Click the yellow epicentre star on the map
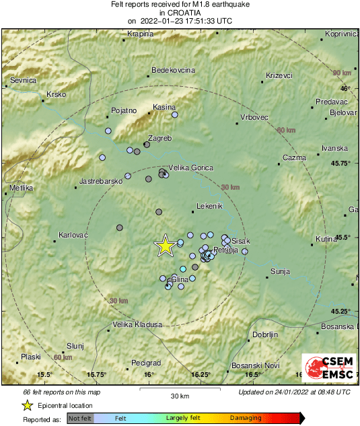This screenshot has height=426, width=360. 165,246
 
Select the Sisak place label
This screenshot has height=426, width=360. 240,240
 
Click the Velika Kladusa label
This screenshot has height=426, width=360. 137,324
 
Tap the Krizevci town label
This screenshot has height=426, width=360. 279,75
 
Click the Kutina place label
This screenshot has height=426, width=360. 326,239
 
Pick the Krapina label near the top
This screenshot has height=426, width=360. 141,34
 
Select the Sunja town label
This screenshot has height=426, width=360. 279,271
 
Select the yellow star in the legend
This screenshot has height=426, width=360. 27,405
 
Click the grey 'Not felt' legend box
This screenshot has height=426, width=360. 80,418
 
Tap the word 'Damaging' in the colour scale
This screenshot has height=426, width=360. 246,418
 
